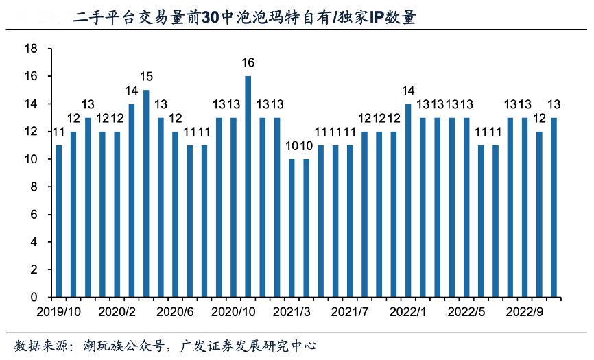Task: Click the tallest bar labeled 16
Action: click(x=248, y=187)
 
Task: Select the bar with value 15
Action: click(x=146, y=193)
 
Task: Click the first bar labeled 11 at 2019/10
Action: click(x=59, y=221)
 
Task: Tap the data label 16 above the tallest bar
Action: click(x=248, y=63)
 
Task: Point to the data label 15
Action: click(x=146, y=77)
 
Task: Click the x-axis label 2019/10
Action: click(x=59, y=311)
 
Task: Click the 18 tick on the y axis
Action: click(x=30, y=49)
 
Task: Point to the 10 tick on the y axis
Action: click(x=30, y=159)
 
